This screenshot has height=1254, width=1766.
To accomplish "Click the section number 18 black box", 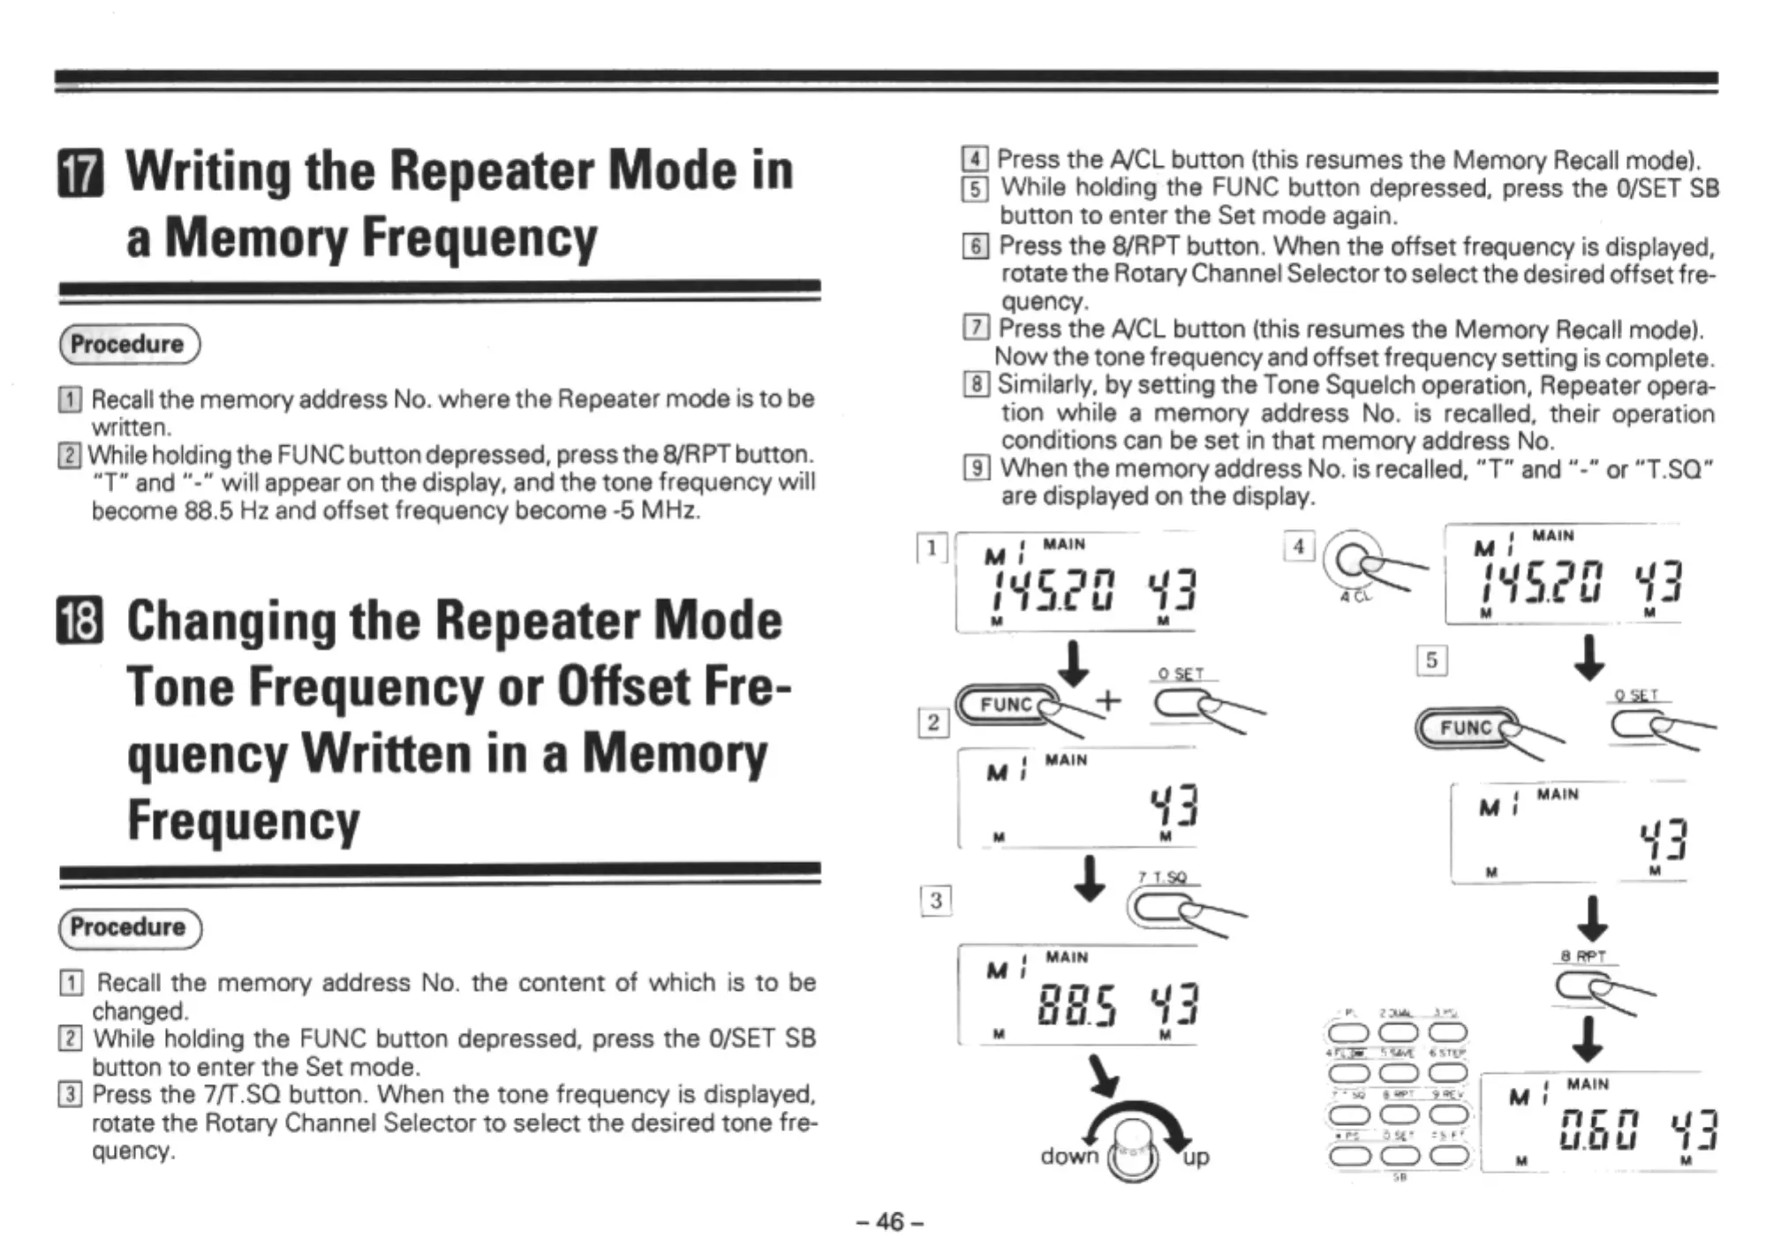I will click(80, 622).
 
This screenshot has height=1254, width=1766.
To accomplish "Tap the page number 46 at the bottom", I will click(890, 1221).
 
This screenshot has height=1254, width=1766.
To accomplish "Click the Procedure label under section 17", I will click(129, 344).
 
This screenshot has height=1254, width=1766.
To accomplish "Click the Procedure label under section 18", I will click(129, 927).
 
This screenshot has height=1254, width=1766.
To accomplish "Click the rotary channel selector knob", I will click(1134, 1153).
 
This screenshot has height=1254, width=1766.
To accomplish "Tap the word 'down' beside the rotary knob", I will click(1069, 1156).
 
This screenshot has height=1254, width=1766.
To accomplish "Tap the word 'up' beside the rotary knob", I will click(1196, 1157).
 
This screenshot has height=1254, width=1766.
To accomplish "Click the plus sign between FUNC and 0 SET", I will click(1108, 701).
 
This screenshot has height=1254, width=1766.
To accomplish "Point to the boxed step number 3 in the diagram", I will click(936, 901).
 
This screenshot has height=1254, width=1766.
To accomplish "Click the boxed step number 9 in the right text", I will click(977, 468).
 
